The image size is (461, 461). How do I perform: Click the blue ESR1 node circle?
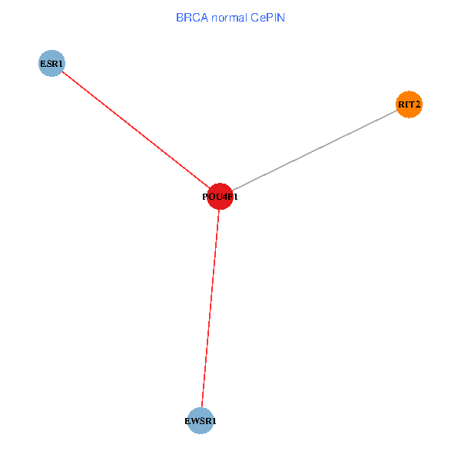pyautogui.click(x=51, y=63)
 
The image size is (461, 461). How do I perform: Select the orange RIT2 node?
pyautogui.click(x=410, y=104)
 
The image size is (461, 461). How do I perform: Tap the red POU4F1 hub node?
pyautogui.click(x=220, y=197)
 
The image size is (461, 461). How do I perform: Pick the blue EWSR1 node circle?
pyautogui.click(x=201, y=421)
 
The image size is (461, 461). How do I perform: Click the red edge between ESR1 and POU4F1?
pyautogui.click(x=134, y=129)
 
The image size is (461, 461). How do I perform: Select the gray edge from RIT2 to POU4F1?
pyautogui.click(x=315, y=151)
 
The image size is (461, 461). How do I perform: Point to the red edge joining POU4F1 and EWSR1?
pyautogui.click(x=210, y=307)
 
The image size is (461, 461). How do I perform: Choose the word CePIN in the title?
pyautogui.click(x=267, y=17)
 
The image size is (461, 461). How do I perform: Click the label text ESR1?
pyautogui.click(x=51, y=63)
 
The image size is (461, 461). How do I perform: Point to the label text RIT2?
pyautogui.click(x=410, y=104)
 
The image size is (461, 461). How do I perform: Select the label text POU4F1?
pyautogui.click(x=220, y=197)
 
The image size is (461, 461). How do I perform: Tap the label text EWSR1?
pyautogui.click(x=201, y=422)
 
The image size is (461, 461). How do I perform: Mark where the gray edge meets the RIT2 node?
pyautogui.click(x=398, y=110)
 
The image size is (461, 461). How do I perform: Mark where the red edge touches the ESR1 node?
pyautogui.click(x=61, y=71)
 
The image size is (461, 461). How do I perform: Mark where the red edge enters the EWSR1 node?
pyautogui.click(x=202, y=408)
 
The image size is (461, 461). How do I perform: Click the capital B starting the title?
pyautogui.click(x=179, y=17)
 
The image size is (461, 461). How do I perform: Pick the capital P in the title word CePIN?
pyautogui.click(x=270, y=17)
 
